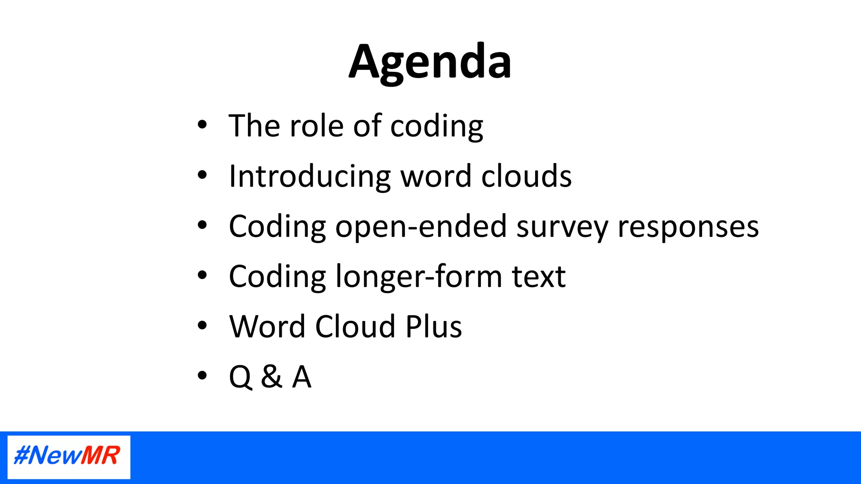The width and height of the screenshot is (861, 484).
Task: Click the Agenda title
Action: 430,62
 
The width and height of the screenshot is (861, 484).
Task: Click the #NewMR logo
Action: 69,457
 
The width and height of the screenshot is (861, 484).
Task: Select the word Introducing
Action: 309,176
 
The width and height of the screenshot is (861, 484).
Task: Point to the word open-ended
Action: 420,227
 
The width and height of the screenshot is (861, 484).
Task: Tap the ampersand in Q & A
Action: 272,376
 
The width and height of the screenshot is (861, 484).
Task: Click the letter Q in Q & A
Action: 240,377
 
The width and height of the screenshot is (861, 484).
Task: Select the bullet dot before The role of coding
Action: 202,125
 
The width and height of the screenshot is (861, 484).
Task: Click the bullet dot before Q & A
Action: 202,375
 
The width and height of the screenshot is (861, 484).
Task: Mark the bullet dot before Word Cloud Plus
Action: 202,325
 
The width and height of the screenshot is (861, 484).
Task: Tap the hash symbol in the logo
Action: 21,455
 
